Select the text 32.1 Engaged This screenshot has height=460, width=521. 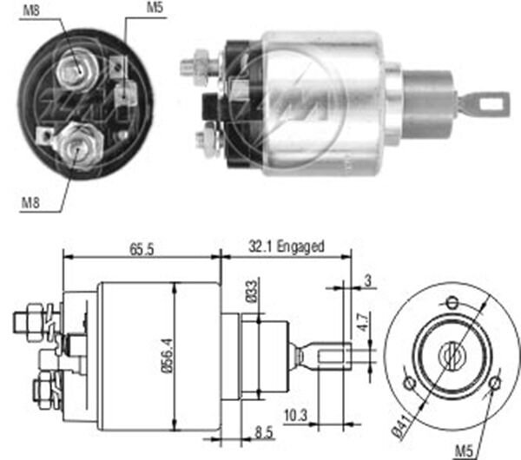[x=288, y=246]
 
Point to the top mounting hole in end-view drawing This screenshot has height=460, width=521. [x=451, y=302]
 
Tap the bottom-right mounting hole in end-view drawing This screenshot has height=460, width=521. [x=493, y=383]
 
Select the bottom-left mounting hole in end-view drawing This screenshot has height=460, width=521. [x=408, y=382]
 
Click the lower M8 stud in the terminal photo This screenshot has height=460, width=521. [x=74, y=144]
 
